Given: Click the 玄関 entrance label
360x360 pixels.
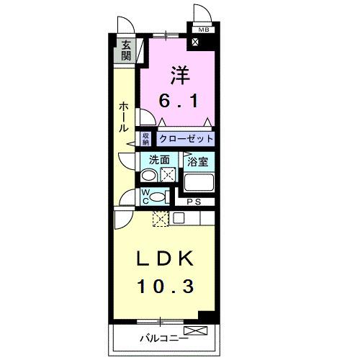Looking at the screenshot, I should pos(127,50).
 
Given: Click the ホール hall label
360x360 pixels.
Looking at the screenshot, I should pos(123,116).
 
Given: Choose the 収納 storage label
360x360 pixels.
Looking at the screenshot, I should pos(145,138).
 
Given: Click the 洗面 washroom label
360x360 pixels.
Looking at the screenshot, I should pos(159,161).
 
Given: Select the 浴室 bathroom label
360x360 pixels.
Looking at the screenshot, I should pos(198,161).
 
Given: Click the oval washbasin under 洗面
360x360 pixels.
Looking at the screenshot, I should pos(149,176).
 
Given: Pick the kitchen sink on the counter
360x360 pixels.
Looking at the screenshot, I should pos(177,218).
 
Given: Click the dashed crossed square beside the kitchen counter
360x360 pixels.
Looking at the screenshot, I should pos(159,219).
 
